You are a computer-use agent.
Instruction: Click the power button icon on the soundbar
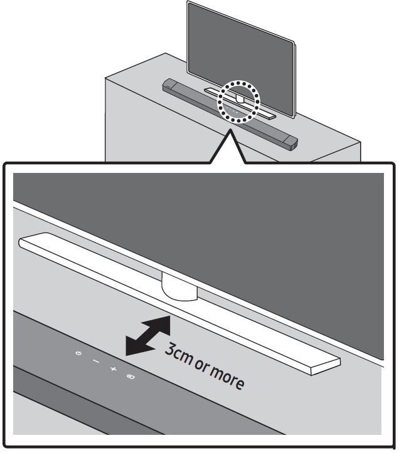(x=78, y=354)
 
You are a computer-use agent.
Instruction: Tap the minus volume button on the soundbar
(x=95, y=361)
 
